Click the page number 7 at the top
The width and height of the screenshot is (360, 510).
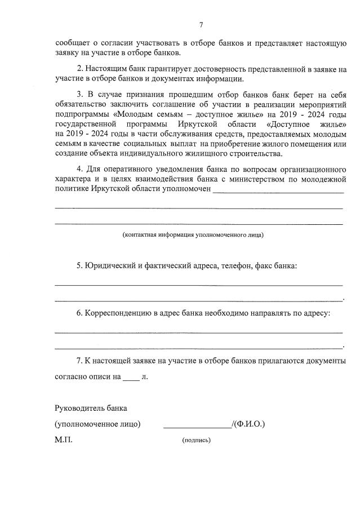201,24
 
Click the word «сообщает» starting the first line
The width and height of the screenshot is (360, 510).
73,43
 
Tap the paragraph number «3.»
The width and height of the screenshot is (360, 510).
81,94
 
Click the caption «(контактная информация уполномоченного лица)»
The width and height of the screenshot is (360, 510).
193,234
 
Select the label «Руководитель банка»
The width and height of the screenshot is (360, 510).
91,407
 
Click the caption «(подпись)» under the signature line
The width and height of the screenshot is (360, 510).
196,440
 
